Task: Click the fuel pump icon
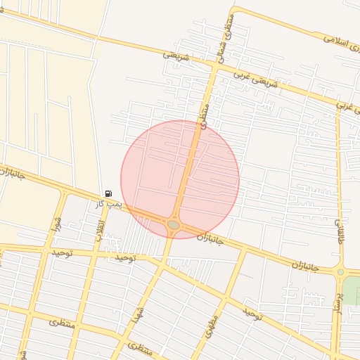pyautogui.click(x=108, y=193)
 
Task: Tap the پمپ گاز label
pyautogui.click(x=110, y=203)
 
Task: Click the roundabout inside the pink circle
pyautogui.click(x=174, y=225)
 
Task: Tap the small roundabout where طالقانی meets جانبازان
pyautogui.click(x=340, y=271)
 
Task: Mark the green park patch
pyautogui.click(x=352, y=290)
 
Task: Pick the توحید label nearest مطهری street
pyautogui.click(x=252, y=312)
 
